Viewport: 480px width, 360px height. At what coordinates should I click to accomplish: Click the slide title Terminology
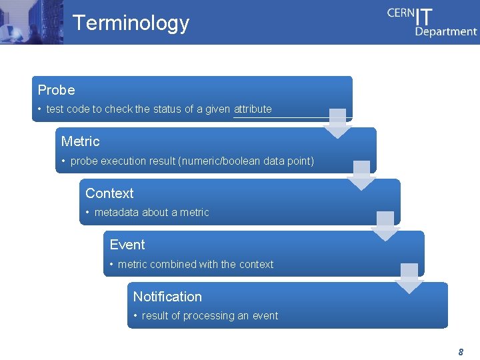[x=131, y=23]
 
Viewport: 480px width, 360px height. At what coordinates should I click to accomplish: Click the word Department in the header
[x=446, y=31]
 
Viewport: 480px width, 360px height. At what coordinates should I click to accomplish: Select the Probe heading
[x=56, y=90]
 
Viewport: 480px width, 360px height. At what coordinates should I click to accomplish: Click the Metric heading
[x=80, y=141]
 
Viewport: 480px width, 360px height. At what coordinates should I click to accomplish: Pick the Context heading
[x=109, y=193]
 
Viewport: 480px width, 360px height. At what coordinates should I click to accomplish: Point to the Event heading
[x=127, y=245]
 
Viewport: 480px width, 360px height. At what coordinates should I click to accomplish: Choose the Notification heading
[x=167, y=297]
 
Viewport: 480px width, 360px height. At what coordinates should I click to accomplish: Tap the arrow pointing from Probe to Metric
[x=338, y=123]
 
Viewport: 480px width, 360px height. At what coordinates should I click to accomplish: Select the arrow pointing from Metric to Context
[x=362, y=175]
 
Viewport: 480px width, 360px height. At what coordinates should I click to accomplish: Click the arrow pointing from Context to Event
[x=385, y=227]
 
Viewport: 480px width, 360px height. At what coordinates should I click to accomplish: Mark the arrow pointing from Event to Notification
[x=409, y=279]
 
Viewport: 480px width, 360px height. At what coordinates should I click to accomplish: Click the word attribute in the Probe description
[x=253, y=109]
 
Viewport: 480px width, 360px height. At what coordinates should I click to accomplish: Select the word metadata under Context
[x=117, y=213]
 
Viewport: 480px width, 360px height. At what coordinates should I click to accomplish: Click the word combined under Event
[x=173, y=264]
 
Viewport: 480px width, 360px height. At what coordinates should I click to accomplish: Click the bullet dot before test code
[x=40, y=109]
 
